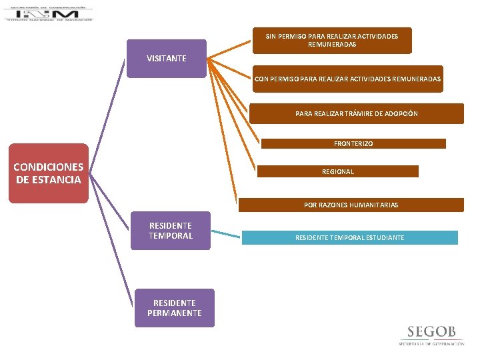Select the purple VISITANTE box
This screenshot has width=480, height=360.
167,59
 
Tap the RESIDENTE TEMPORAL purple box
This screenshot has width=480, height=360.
171,231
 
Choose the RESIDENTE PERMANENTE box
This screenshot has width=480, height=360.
175,308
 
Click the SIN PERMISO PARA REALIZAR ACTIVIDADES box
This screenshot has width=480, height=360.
332,40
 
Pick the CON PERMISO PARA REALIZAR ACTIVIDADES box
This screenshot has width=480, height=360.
347,79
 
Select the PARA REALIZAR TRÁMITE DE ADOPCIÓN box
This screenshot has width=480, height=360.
357,113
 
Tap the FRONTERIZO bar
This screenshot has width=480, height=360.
353,143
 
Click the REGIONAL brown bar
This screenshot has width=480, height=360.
338,171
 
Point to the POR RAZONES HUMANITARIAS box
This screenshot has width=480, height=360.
351,205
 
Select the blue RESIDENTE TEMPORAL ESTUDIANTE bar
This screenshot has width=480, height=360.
350,237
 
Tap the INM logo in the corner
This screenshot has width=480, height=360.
48,13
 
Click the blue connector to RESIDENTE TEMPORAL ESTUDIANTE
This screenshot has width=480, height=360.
225,234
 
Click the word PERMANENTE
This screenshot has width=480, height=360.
175,313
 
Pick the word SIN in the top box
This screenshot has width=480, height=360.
271,36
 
